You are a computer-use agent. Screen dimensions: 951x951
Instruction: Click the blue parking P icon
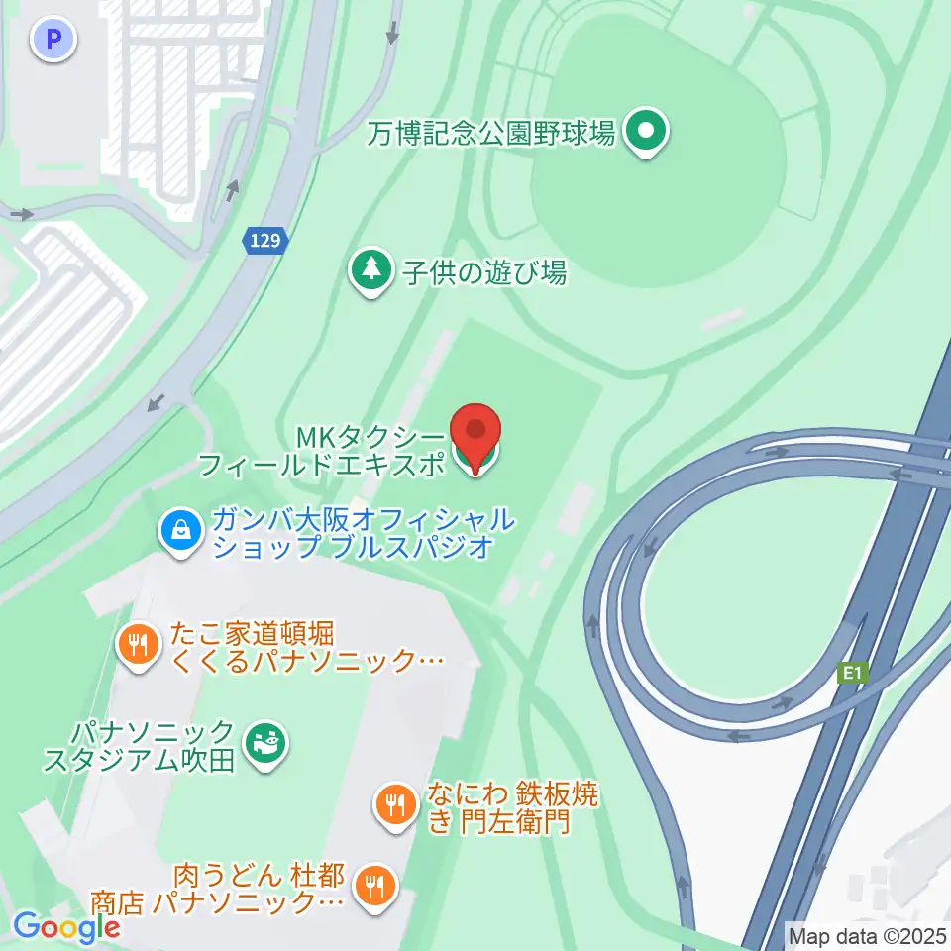(53, 40)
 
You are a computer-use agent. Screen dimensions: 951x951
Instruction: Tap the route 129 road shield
(265, 240)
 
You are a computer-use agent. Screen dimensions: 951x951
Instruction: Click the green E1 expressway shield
(852, 674)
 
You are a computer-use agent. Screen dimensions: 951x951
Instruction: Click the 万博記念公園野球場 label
(491, 131)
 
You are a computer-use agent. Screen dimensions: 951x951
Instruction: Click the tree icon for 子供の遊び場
(371, 269)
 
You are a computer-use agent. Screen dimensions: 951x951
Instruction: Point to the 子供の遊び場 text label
(484, 272)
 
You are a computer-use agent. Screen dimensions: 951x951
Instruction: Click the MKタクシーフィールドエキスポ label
(321, 451)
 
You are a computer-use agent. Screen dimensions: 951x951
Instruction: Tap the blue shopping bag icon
(182, 532)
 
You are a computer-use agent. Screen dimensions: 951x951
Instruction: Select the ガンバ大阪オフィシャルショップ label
(353, 533)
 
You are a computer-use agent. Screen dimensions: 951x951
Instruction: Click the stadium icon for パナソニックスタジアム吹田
(264, 745)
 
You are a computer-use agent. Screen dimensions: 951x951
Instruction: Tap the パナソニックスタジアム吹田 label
(139, 746)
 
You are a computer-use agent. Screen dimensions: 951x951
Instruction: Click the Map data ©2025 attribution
(867, 934)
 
